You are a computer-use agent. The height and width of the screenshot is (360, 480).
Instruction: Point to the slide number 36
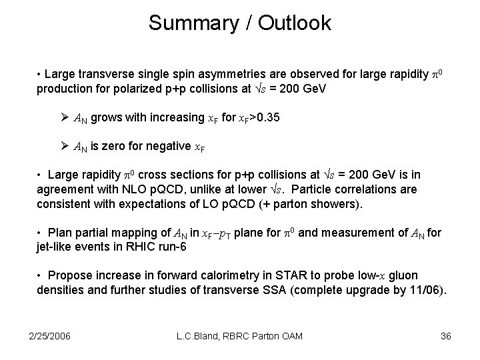[446, 336]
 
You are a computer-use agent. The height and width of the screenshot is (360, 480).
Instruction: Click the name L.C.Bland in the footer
[201, 336]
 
